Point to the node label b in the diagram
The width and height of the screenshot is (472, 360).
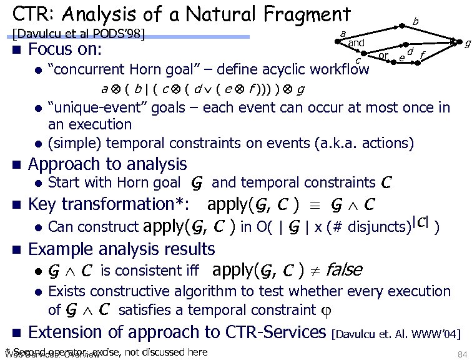pos(415,22)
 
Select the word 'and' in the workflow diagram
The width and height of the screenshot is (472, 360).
pos(356,42)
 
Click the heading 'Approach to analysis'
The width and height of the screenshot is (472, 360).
pos(107,164)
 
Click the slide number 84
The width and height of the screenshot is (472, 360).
pos(462,354)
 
